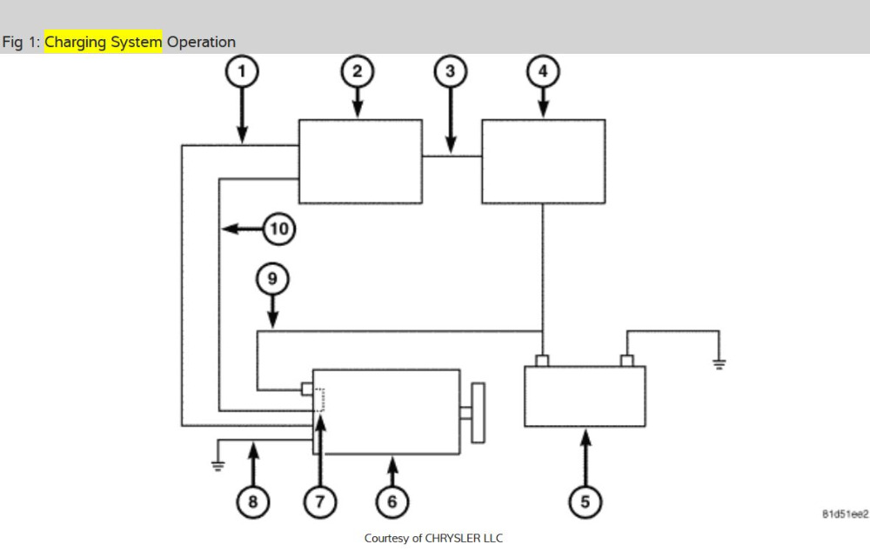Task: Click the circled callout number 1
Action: (x=243, y=71)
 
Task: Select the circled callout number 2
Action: (x=357, y=71)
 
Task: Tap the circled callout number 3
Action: (x=450, y=71)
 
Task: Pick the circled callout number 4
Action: (x=544, y=71)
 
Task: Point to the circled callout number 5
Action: (x=585, y=501)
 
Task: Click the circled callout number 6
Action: (x=391, y=501)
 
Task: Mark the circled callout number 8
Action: (x=253, y=501)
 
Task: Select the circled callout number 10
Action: (x=278, y=229)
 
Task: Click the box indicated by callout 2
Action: (x=360, y=162)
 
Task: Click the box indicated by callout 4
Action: (x=543, y=162)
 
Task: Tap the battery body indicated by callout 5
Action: (x=585, y=396)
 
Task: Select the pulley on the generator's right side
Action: (x=478, y=412)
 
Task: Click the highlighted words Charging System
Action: (x=104, y=42)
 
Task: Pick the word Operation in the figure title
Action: (x=201, y=42)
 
